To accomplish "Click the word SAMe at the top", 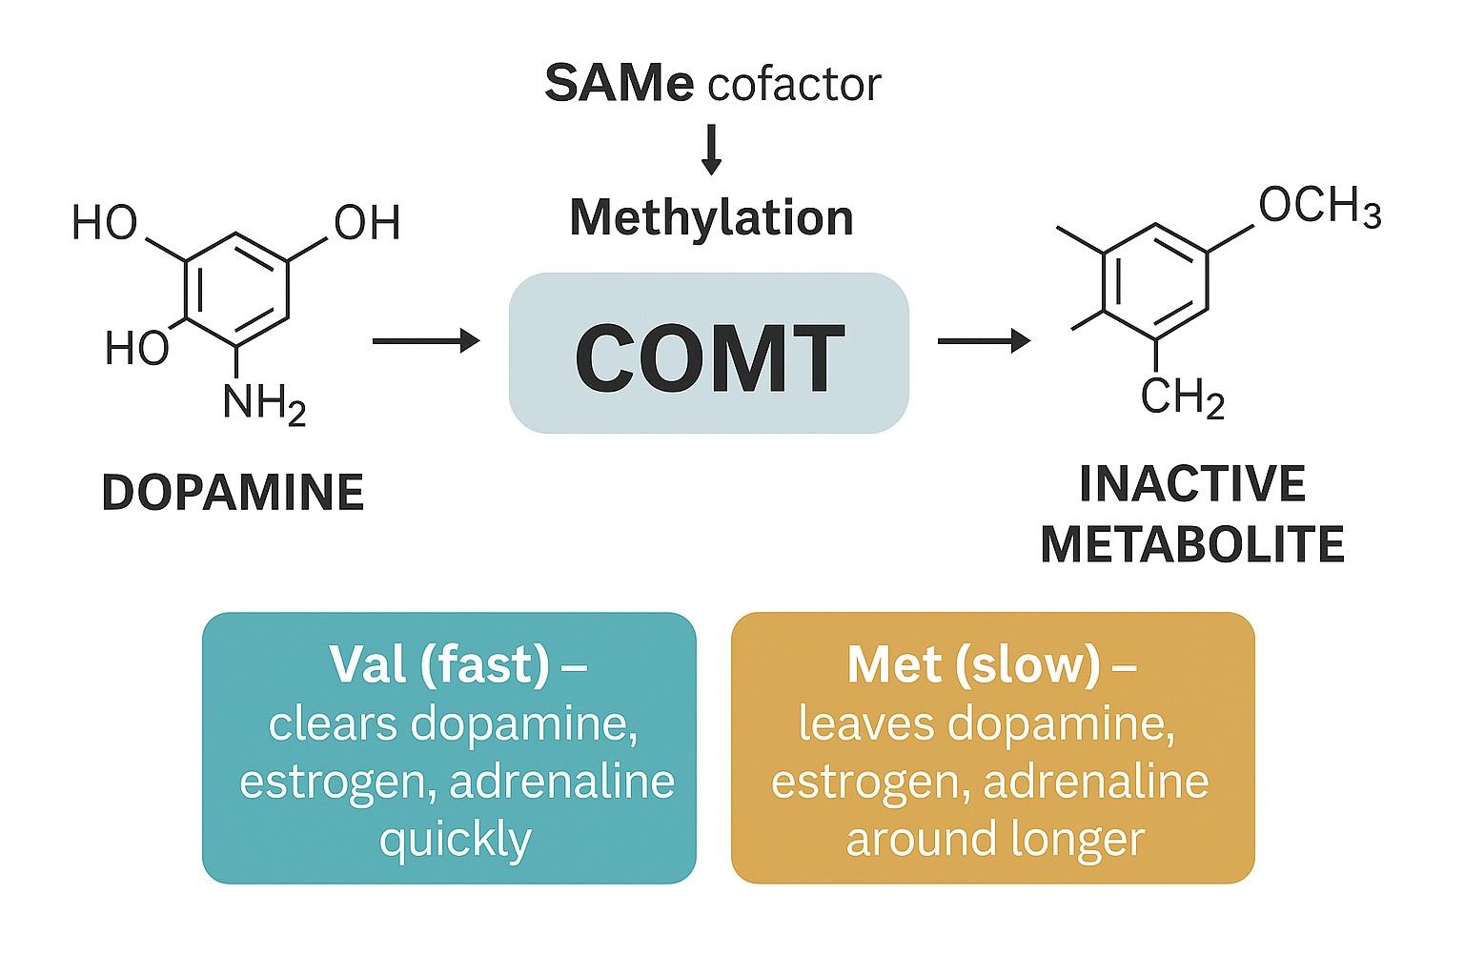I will click(619, 83).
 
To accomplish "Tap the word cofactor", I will click(794, 85).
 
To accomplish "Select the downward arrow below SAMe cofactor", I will click(711, 150).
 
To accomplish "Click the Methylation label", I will click(711, 217).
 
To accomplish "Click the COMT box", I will click(709, 354).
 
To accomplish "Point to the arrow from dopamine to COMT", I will click(425, 340).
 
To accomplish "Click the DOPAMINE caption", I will click(233, 493).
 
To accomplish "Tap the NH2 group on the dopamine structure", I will click(264, 403).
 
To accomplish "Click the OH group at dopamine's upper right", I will click(367, 223).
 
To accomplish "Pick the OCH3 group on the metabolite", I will click(1319, 206).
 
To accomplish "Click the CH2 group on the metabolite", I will click(1182, 396).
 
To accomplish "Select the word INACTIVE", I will click(1192, 483).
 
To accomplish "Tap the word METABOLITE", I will click(1192, 544).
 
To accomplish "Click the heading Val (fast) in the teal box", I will click(439, 664).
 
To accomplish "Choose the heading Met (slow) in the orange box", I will click(973, 664).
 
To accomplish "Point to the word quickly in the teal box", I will click(455, 841).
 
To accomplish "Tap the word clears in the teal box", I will click(333, 723).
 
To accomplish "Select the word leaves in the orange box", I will click(867, 723).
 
